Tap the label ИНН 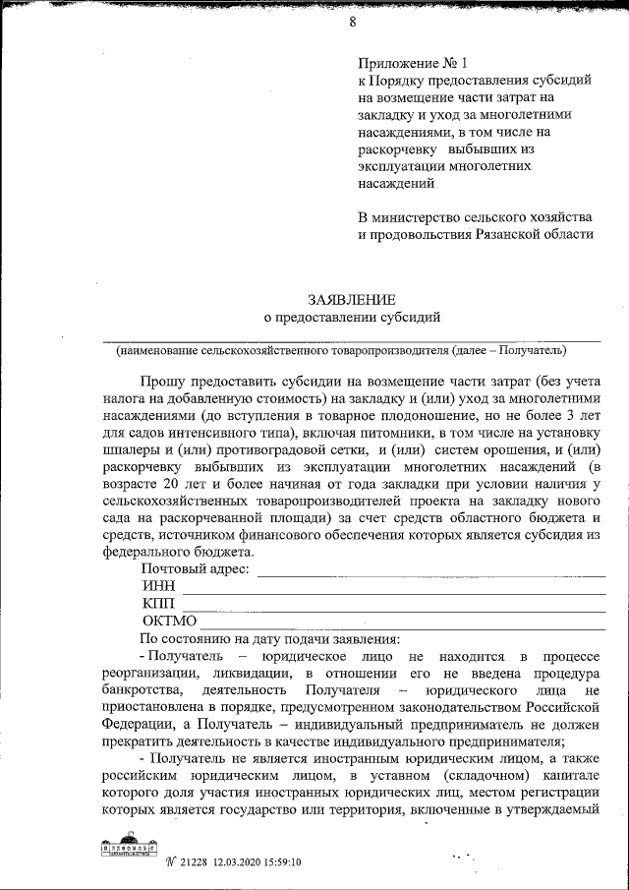[x=158, y=586]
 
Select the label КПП [x=158, y=604]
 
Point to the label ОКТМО [x=169, y=622]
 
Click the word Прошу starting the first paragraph [x=161, y=380]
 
